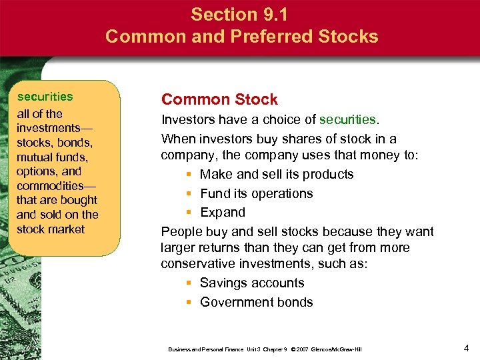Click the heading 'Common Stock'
219,100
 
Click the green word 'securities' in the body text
347,120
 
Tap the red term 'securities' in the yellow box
45,97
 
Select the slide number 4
466,347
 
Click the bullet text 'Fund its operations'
256,193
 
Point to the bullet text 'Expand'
223,212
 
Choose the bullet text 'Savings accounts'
252,283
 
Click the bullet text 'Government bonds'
256,302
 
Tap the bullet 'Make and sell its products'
277,174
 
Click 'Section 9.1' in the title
241,13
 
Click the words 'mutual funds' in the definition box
51,157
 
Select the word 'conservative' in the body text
199,263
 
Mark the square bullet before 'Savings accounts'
189,283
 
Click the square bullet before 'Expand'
189,213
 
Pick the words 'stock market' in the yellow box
51,229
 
